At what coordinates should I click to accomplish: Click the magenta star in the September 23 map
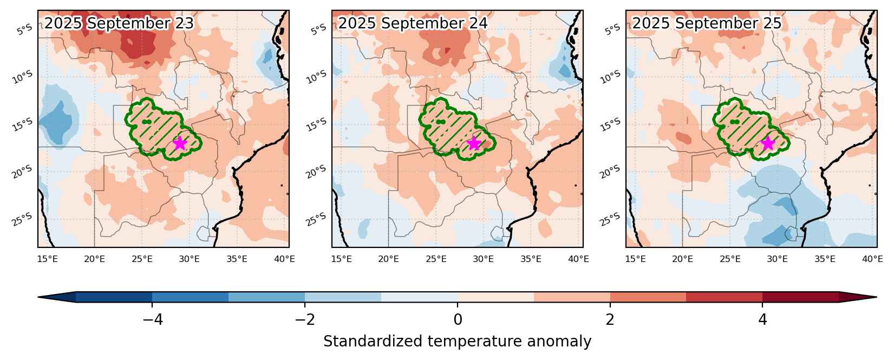(180, 143)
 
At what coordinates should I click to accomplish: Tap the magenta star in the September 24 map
(474, 143)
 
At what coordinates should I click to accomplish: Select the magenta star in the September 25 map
(768, 143)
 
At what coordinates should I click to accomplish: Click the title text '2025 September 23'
(119, 23)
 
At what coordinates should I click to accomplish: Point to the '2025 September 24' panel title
(413, 23)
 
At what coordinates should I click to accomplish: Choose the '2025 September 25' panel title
(707, 23)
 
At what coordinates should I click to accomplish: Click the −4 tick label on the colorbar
(153, 320)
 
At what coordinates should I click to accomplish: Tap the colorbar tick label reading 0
(458, 320)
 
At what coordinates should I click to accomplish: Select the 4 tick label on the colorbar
(763, 320)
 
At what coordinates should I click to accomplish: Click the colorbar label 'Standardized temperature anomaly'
(458, 342)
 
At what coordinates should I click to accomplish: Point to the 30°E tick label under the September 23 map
(190, 259)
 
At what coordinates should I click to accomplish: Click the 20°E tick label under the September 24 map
(388, 259)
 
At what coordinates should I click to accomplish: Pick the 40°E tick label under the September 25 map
(872, 259)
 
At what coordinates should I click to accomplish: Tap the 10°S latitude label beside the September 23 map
(22, 77)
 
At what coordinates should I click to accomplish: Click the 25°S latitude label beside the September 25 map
(610, 219)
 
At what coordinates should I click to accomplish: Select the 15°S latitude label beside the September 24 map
(316, 125)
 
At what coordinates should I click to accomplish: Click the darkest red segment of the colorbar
(801, 297)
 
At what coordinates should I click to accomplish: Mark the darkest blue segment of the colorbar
(114, 297)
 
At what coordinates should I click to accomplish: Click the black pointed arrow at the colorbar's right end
(858, 297)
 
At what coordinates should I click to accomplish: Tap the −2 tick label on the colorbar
(305, 320)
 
